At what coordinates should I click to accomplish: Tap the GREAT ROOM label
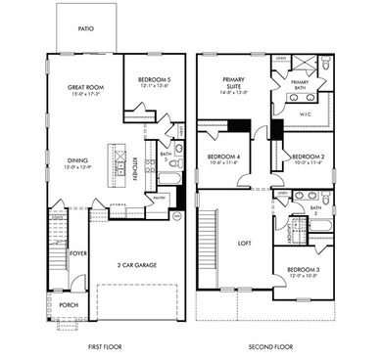click(86, 87)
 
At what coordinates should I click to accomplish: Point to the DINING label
click(78, 160)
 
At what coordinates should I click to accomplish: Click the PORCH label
click(69, 303)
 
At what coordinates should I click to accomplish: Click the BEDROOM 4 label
click(224, 157)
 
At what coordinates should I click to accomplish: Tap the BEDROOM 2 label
click(306, 157)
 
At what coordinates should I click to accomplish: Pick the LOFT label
click(245, 244)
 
